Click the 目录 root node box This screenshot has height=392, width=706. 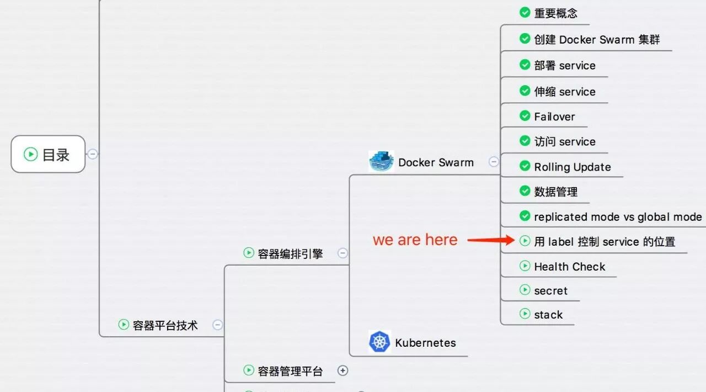[x=48, y=154]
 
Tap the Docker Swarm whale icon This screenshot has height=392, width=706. [x=381, y=161]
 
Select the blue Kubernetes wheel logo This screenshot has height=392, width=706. [x=379, y=342]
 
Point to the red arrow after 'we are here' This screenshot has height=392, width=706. [x=491, y=240]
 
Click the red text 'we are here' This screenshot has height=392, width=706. [x=415, y=240]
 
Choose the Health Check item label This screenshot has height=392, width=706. [x=570, y=267]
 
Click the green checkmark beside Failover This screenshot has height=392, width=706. [x=525, y=116]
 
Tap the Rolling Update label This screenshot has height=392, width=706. [x=573, y=167]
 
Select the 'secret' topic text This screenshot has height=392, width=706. [x=550, y=290]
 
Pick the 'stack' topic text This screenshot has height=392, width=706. [x=548, y=315]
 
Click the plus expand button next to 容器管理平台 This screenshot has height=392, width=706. [x=343, y=370]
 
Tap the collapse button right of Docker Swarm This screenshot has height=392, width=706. [x=494, y=162]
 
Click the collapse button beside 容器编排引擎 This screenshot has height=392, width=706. [x=343, y=253]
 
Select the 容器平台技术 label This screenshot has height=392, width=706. [x=165, y=325]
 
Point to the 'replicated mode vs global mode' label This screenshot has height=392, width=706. [x=618, y=217]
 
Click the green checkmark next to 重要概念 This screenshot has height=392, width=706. [x=525, y=12]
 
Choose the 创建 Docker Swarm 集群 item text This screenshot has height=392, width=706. [x=597, y=39]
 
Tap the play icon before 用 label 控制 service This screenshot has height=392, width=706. [x=525, y=241]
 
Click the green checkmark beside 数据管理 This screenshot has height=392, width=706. [x=525, y=190]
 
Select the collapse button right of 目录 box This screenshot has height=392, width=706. [x=92, y=154]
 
